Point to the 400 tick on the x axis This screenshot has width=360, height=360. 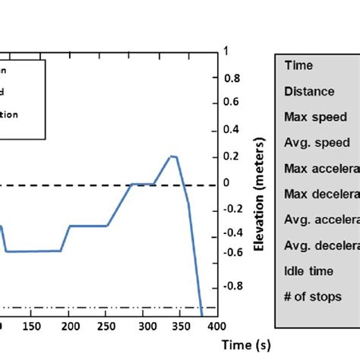pyautogui.click(x=216, y=326)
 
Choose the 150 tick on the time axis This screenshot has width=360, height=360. pyautogui.click(x=32, y=326)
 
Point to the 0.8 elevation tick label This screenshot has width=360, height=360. pyautogui.click(x=232, y=77)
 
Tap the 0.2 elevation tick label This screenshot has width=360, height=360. pyautogui.click(x=232, y=156)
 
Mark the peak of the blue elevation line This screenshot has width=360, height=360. pyautogui.click(x=172, y=156)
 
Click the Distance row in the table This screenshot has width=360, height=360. pyautogui.click(x=309, y=92)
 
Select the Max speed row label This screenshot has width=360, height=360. pyautogui.click(x=315, y=118)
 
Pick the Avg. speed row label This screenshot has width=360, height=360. pyautogui.click(x=317, y=143)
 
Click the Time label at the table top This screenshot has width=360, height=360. pyautogui.click(x=298, y=66)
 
